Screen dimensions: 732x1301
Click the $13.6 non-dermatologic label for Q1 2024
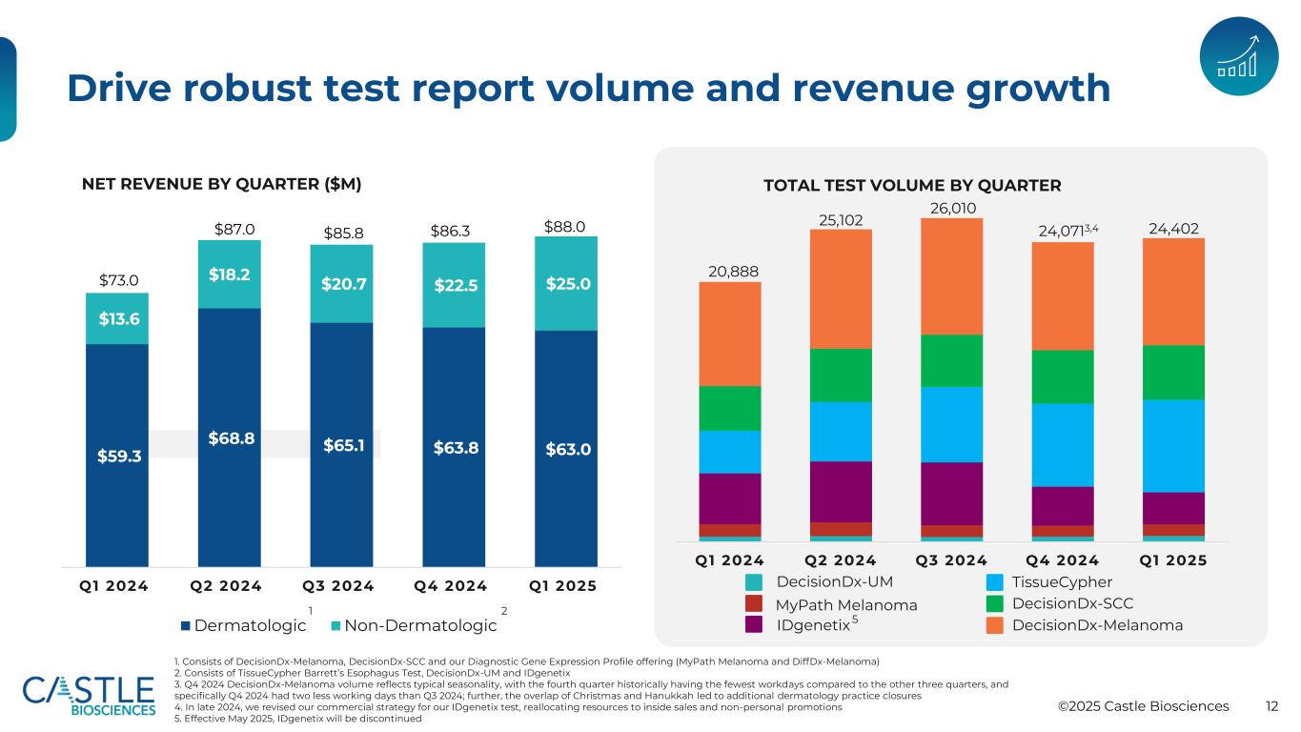point(116,318)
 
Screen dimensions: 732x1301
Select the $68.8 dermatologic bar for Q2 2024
point(229,439)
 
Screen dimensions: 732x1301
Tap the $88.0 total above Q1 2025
point(564,226)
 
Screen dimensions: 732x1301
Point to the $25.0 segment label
point(565,284)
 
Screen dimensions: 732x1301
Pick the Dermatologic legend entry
point(245,626)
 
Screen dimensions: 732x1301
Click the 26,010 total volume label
point(951,208)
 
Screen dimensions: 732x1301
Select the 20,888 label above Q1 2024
point(731,272)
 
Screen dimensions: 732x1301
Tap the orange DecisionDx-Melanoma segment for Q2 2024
point(841,289)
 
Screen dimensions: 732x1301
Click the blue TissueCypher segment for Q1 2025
point(1173,445)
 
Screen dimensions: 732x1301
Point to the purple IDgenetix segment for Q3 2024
point(951,494)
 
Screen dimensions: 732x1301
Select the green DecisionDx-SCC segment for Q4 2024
point(1063,376)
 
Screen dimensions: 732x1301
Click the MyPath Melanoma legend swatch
point(755,604)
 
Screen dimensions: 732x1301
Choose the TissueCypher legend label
point(1062,582)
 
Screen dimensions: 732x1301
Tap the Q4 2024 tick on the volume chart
point(1063,560)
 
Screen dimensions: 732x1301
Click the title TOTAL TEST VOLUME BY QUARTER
point(912,185)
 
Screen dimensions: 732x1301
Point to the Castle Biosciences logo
point(89,695)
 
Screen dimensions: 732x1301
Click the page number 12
point(1271,706)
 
